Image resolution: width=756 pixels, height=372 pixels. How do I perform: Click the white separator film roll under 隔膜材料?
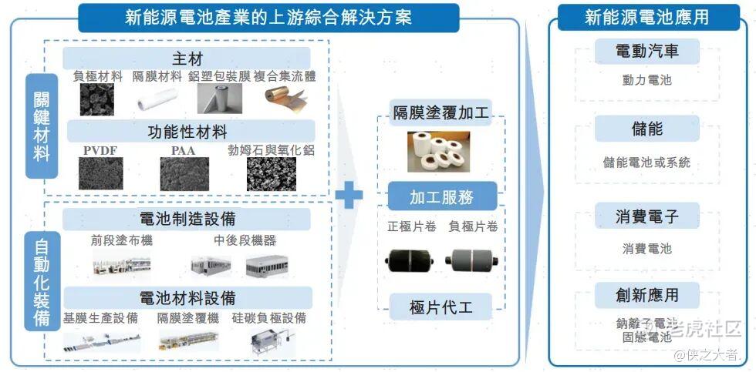tap(158, 99)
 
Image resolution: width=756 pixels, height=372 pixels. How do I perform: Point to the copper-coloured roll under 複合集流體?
tap(289, 98)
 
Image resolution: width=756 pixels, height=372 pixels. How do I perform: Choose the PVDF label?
tap(100, 150)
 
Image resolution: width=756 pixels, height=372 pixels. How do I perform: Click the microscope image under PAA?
tap(184, 174)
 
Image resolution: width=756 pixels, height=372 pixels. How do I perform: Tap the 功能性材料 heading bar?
tap(187, 131)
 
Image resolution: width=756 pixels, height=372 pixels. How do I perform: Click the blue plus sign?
tap(349, 194)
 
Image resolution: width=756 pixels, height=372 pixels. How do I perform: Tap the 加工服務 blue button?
tap(440, 197)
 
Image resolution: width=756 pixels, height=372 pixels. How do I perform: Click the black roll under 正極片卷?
tap(410, 260)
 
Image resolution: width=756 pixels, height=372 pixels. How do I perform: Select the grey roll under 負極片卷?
tap(473, 260)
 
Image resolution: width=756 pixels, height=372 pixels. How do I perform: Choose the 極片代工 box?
tap(440, 308)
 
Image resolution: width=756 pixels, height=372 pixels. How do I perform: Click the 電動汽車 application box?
tap(646, 52)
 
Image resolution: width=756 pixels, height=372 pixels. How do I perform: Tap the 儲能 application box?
tap(646, 129)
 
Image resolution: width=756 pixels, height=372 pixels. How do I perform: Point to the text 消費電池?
tap(646, 249)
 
